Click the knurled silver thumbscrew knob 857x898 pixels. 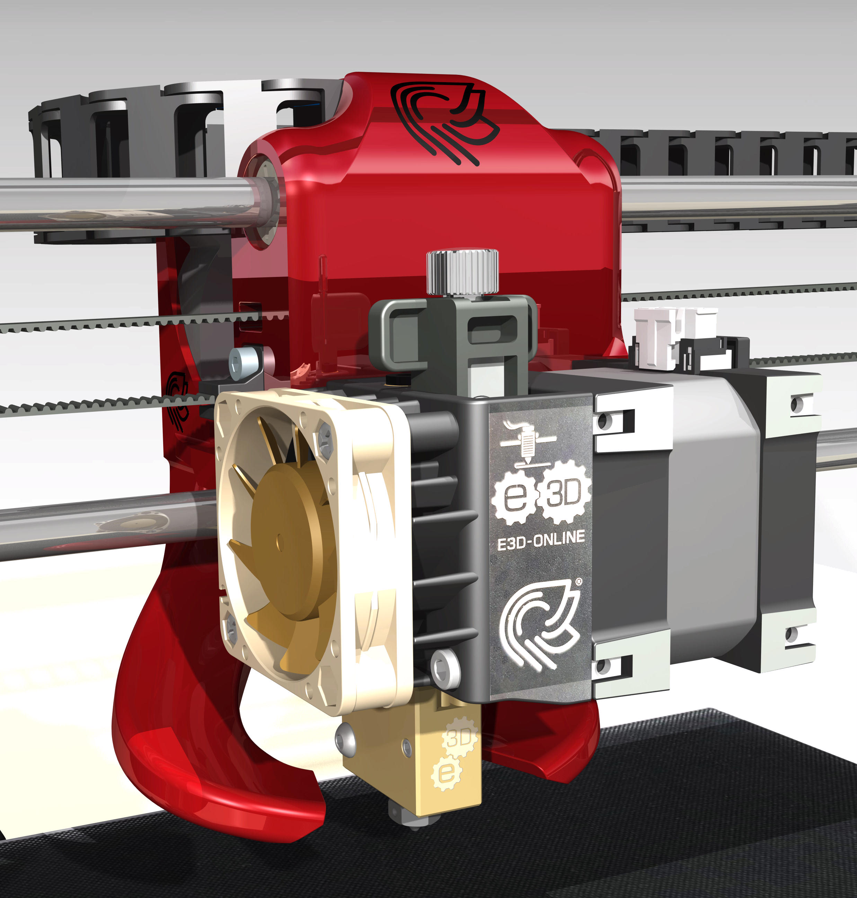tap(462, 272)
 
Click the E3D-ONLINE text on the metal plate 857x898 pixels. tap(541, 540)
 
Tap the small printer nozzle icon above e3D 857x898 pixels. tap(528, 441)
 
